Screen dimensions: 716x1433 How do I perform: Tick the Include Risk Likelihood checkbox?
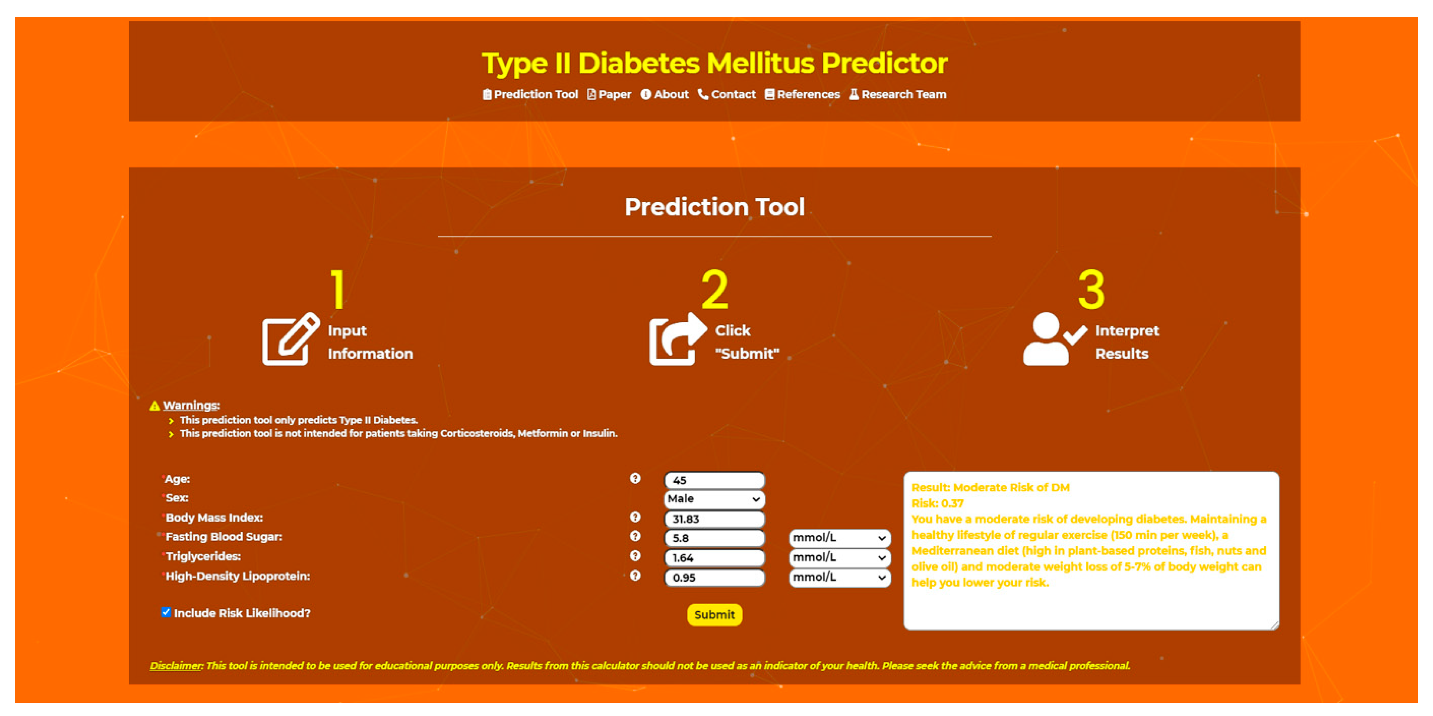(166, 612)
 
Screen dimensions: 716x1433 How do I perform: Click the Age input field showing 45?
(714, 480)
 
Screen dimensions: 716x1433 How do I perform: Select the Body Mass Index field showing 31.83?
(714, 519)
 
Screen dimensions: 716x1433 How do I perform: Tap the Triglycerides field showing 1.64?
(714, 558)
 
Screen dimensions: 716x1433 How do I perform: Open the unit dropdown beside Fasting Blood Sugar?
(839, 537)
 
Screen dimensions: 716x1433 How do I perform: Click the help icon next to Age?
(635, 478)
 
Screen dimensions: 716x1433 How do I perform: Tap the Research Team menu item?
(898, 94)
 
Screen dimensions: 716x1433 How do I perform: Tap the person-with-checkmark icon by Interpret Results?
(1053, 339)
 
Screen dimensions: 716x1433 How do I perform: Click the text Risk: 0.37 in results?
(937, 503)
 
